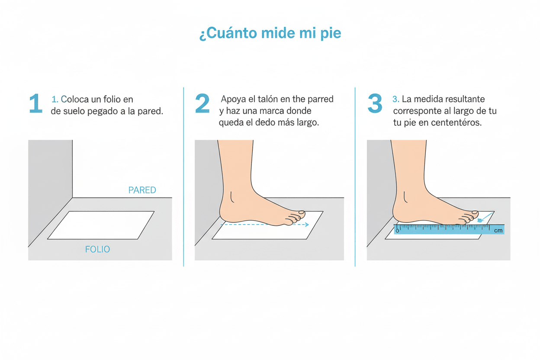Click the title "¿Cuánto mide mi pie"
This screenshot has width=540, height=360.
tap(270, 33)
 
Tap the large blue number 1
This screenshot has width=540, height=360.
tap(35, 103)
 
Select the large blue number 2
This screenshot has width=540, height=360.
tap(202, 103)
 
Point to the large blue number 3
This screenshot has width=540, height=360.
tap(375, 103)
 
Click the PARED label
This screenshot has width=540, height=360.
tap(142, 190)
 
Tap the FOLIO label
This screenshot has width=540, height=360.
tap(97, 249)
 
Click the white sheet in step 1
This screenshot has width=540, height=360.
tap(101, 225)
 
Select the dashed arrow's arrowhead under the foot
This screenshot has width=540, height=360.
tap(307, 225)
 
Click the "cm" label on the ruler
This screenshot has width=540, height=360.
tap(498, 231)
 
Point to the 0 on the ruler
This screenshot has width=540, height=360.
tap(397, 231)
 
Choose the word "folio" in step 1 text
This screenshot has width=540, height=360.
tap(112, 100)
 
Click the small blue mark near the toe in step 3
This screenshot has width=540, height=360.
tap(480, 220)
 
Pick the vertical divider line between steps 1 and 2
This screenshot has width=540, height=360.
tap(183, 177)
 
